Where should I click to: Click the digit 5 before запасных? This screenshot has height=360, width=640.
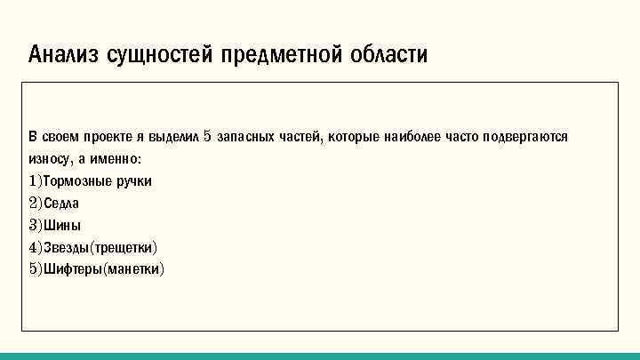click(207, 138)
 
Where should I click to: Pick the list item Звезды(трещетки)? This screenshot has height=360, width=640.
click(98, 247)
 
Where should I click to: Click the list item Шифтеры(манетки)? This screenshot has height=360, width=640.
click(97, 268)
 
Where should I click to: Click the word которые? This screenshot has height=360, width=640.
click(356, 138)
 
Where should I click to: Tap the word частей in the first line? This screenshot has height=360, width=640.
click(303, 138)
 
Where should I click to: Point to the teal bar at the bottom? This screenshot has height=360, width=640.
click(320, 356)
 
